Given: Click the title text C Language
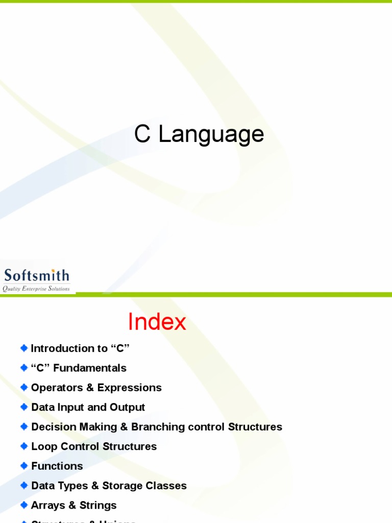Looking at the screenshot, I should point(199,134).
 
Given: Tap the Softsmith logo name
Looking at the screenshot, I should point(36,276).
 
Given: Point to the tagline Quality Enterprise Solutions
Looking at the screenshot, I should point(36,289).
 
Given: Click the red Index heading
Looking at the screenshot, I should point(157,322).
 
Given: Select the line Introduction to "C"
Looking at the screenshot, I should point(80,348).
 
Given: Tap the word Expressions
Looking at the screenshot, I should point(130,388).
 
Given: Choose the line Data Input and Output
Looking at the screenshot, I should point(88,407).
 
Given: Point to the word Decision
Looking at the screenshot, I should point(54,426).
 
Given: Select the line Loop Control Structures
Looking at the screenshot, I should point(94,446).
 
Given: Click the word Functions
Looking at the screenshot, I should point(57,466).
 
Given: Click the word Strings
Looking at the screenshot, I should point(98,505).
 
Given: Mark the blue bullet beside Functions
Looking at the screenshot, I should point(24,465).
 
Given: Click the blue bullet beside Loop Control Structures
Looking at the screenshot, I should point(24,446).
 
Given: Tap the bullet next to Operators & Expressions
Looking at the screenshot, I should point(24,387).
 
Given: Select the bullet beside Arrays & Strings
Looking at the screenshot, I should point(24,505).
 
